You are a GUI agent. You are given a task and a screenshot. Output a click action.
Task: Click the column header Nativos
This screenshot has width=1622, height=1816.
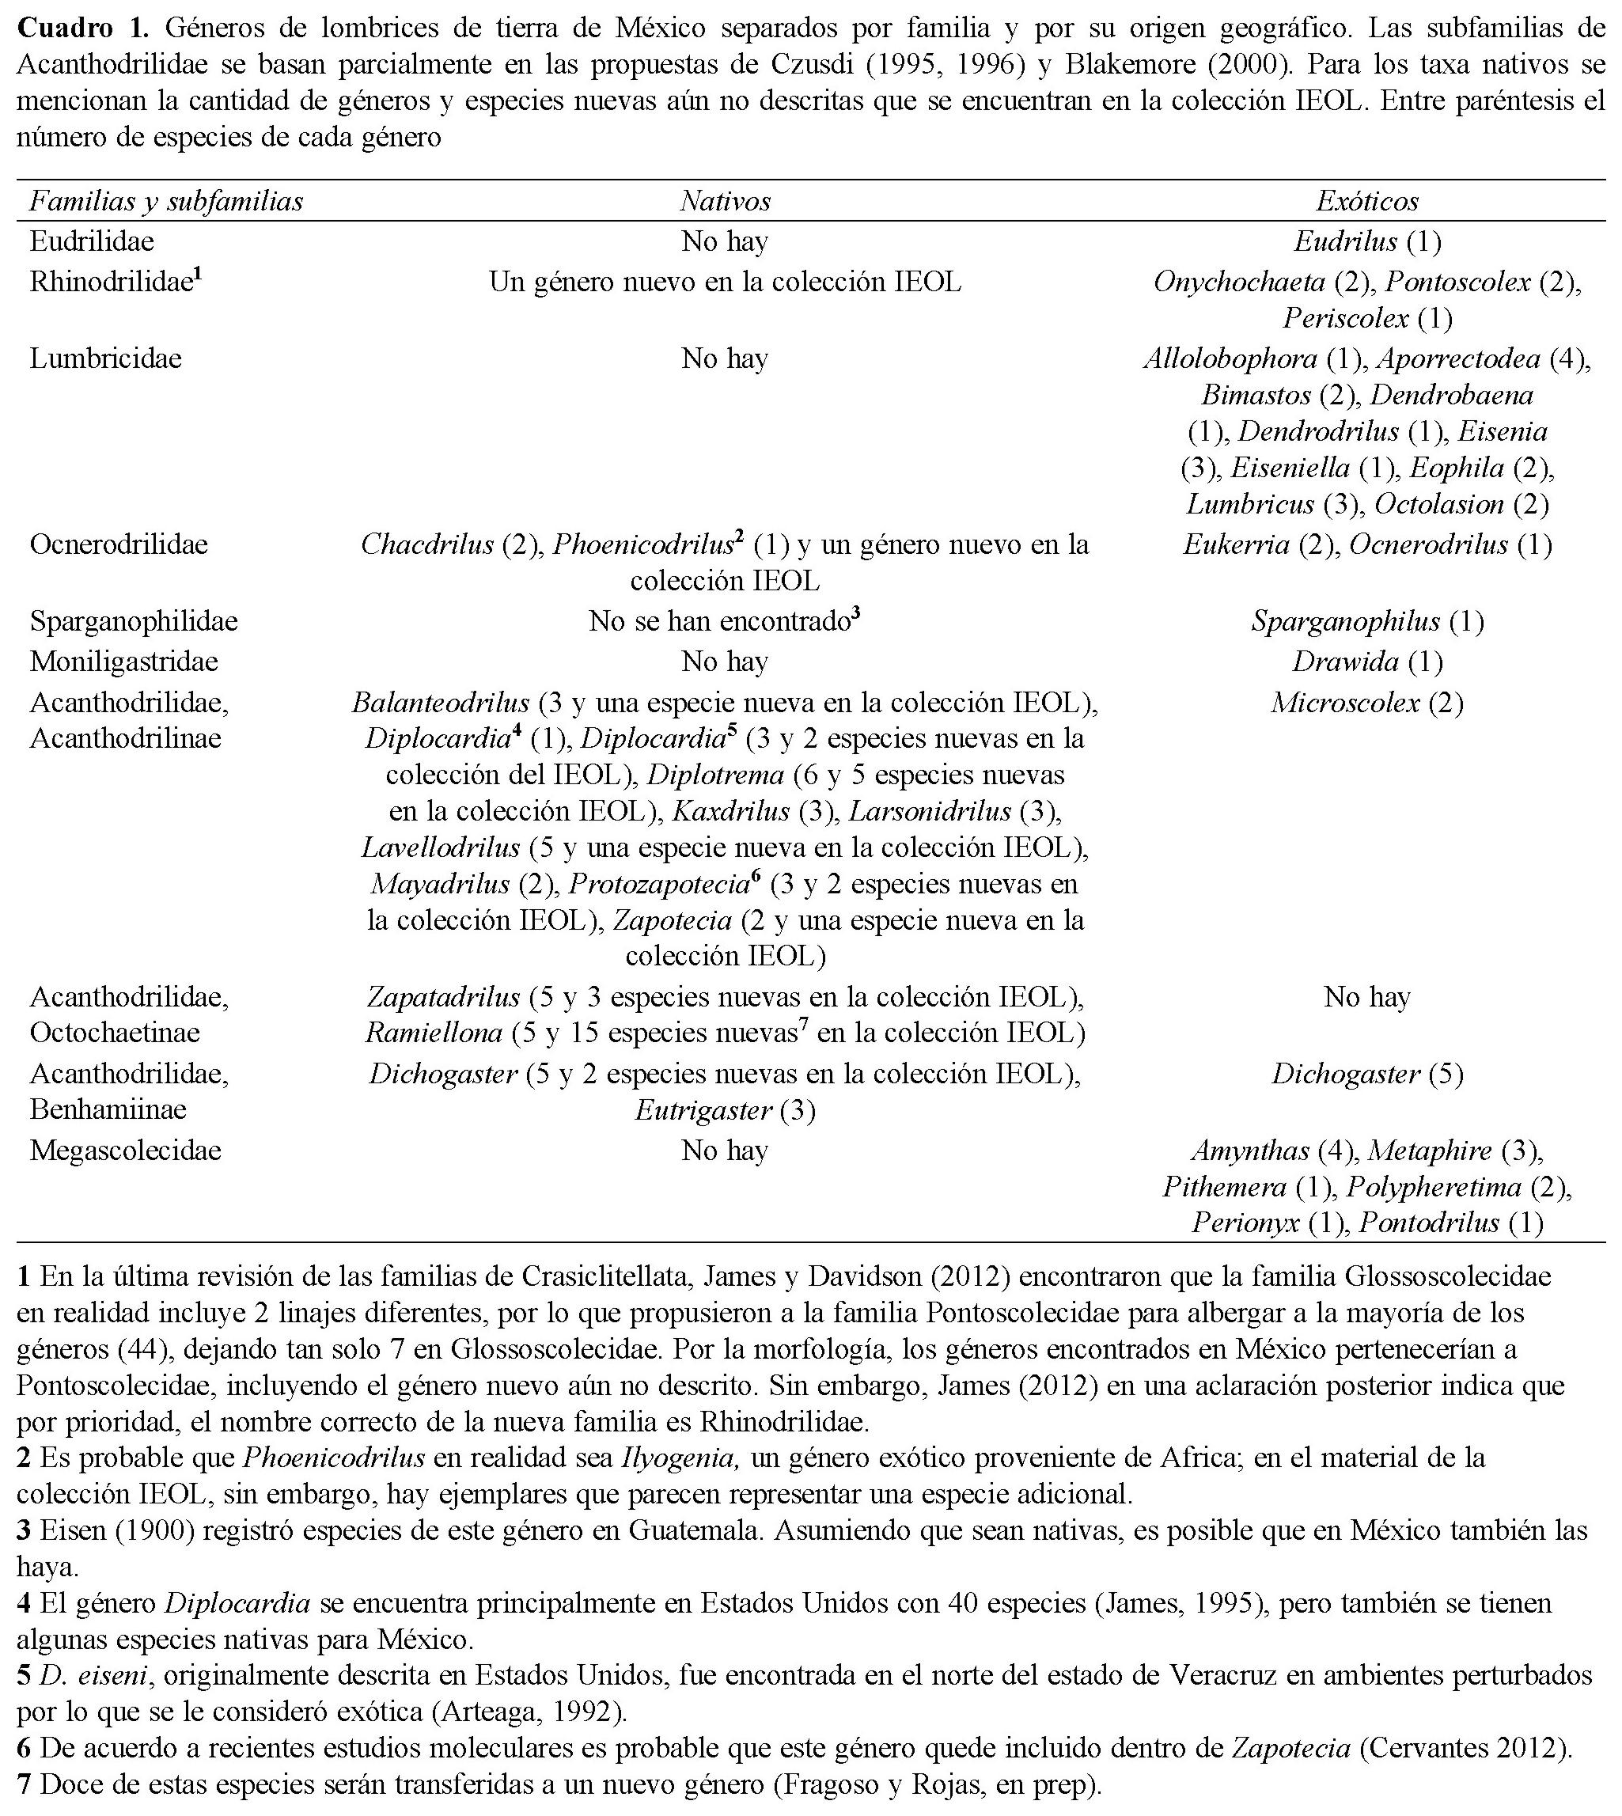pyautogui.click(x=725, y=201)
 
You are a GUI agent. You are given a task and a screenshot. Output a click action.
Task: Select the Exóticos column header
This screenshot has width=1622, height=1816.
pyautogui.click(x=1366, y=201)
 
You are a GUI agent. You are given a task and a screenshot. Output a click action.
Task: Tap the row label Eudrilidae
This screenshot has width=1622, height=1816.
pyautogui.click(x=92, y=241)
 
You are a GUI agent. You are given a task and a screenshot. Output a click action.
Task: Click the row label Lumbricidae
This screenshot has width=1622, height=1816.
pyautogui.click(x=105, y=359)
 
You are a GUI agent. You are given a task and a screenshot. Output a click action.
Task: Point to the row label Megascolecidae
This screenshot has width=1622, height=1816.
pyautogui.click(x=125, y=1151)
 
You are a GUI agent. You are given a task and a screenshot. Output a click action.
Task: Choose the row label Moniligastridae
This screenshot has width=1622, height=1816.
pyautogui.click(x=124, y=662)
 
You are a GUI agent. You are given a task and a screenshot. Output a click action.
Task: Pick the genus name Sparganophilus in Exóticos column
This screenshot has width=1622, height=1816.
pyautogui.click(x=1345, y=621)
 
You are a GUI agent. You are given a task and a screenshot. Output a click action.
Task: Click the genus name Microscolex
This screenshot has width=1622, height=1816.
pyautogui.click(x=1345, y=703)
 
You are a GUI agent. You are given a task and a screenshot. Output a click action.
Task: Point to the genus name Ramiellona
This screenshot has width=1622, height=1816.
pyautogui.click(x=433, y=1033)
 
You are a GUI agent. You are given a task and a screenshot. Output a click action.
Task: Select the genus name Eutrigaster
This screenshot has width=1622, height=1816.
pyautogui.click(x=703, y=1110)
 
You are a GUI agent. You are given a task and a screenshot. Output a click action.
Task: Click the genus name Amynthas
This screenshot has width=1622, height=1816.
pyautogui.click(x=1249, y=1151)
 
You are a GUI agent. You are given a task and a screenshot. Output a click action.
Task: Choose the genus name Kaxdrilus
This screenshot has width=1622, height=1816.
pyautogui.click(x=731, y=811)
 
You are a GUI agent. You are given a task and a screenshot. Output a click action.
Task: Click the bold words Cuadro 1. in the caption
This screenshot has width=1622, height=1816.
pyautogui.click(x=85, y=28)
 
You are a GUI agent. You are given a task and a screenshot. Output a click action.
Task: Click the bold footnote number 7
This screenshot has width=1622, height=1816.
pyautogui.click(x=24, y=1786)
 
